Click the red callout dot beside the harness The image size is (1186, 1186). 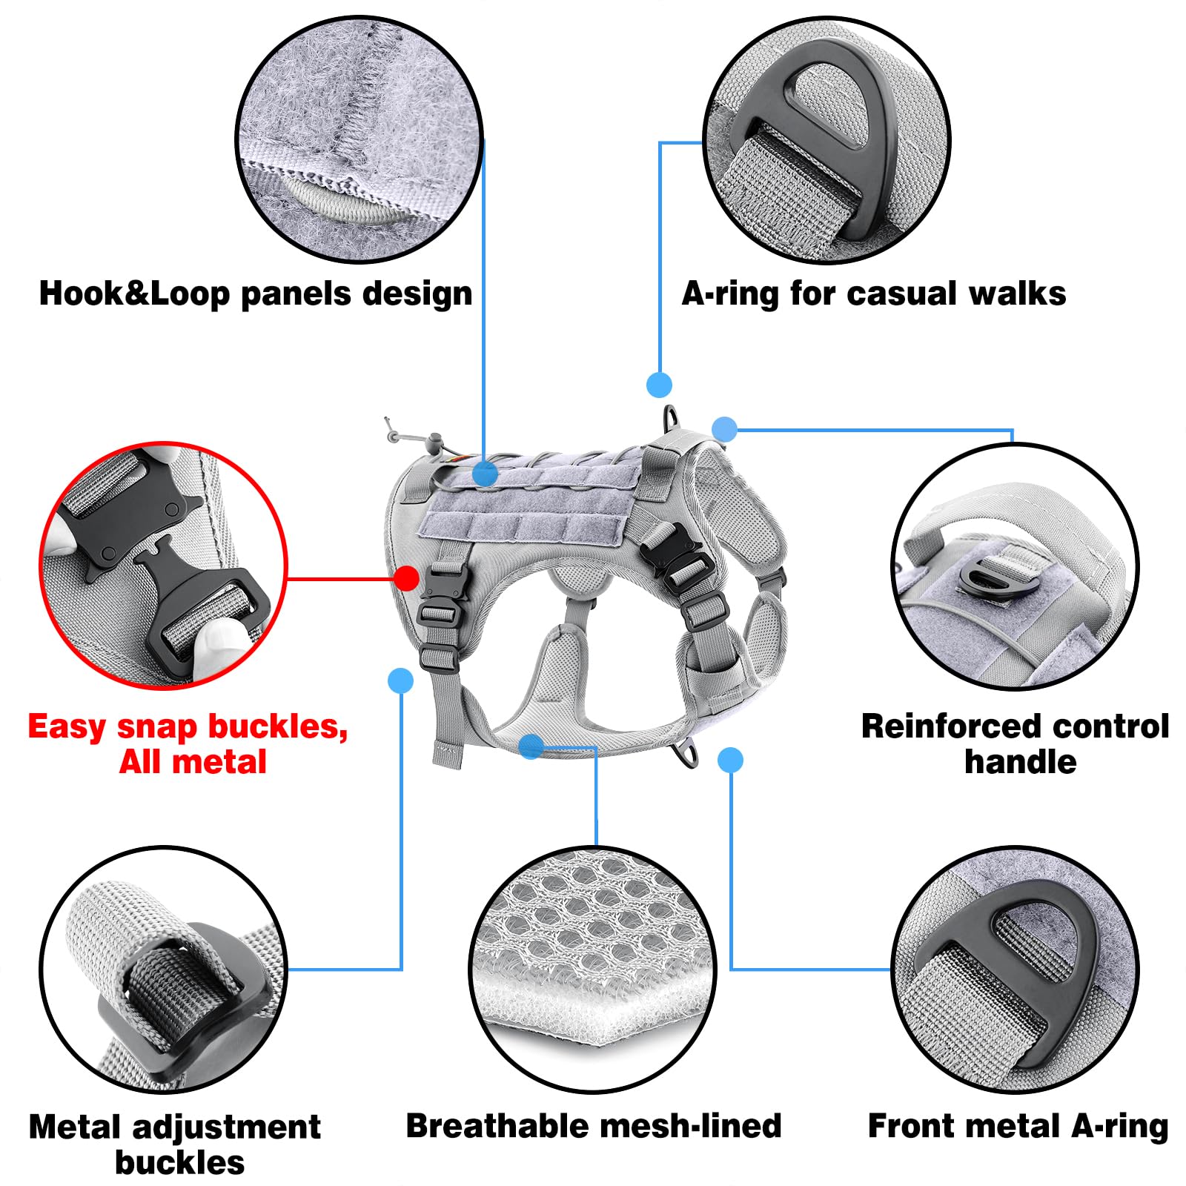click(x=406, y=578)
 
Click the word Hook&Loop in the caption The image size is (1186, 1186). click(x=134, y=294)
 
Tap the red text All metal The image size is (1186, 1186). click(x=193, y=762)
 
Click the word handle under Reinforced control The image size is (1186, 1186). click(x=1020, y=762)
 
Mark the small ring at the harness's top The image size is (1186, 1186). click(x=672, y=416)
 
